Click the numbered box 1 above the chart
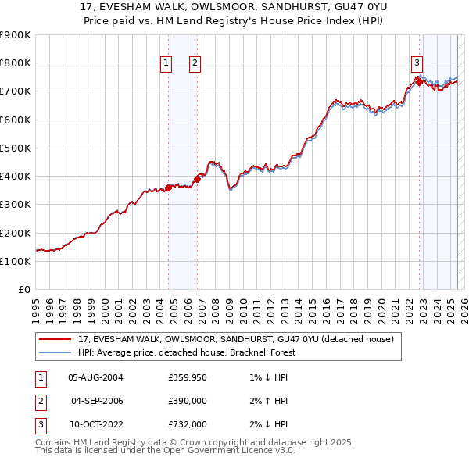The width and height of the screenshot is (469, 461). (x=166, y=64)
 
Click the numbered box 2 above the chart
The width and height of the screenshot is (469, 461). (x=195, y=64)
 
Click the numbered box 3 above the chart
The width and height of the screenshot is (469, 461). (x=417, y=64)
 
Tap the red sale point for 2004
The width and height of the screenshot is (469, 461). (x=168, y=188)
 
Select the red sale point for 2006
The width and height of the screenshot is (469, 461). (x=197, y=179)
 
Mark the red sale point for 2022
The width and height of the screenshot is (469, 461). (x=419, y=82)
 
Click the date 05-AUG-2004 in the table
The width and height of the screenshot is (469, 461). (x=95, y=377)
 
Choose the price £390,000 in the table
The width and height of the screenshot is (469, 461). (x=188, y=401)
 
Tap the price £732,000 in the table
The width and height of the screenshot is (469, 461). (x=188, y=424)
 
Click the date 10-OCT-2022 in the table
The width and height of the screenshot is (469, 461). (x=95, y=424)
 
